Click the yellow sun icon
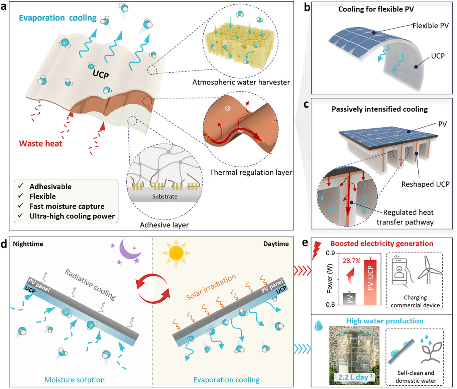[x=176, y=253]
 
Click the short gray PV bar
[x=349, y=298]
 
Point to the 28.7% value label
[x=351, y=261]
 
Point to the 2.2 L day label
[x=355, y=377]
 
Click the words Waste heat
[x=40, y=143]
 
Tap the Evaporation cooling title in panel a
[x=58, y=18]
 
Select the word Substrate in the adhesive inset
[x=165, y=196]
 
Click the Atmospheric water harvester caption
[x=241, y=82]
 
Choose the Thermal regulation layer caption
[x=251, y=172]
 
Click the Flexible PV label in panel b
[x=430, y=26]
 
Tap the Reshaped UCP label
[x=425, y=184]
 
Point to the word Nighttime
[x=28, y=244]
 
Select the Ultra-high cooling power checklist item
[x=72, y=216]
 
